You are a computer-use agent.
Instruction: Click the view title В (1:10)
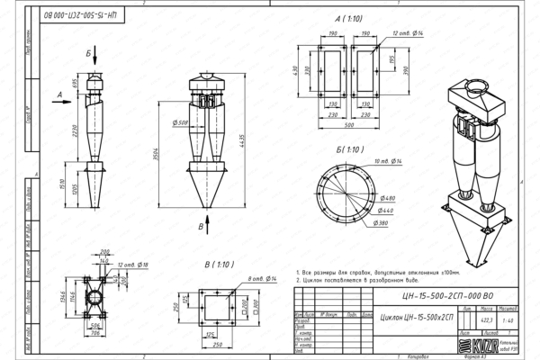point(220,265)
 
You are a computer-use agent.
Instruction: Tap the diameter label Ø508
point(180,123)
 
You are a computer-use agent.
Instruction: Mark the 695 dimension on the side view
point(71,84)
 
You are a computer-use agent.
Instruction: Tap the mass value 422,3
point(487,319)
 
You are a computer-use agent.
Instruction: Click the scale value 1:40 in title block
point(509,319)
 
